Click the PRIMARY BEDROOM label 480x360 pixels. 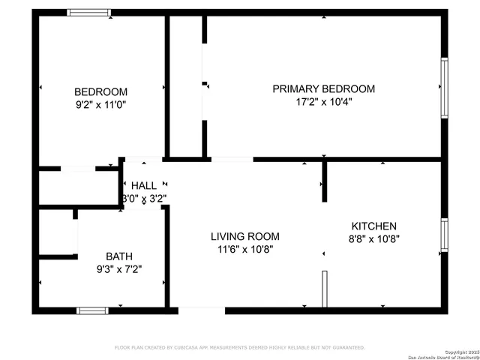323,88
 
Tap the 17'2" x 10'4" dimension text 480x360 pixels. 323,102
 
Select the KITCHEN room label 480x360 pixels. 374,226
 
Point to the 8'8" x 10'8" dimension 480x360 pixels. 374,239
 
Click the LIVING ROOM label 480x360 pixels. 244,236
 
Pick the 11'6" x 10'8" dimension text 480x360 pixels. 244,250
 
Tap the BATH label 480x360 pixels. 118,255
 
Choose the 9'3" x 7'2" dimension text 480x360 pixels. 118,268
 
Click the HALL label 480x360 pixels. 144,185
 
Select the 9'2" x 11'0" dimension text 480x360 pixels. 100,105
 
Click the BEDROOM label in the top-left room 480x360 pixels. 100,91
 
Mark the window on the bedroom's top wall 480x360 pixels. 89,13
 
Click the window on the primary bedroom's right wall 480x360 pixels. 444,88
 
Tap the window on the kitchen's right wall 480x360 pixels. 444,234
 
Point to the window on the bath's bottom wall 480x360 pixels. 92,310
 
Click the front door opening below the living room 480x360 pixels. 201,310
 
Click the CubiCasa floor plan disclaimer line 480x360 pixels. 239,347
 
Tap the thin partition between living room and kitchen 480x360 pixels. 325,289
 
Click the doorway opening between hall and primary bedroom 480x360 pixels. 232,159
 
